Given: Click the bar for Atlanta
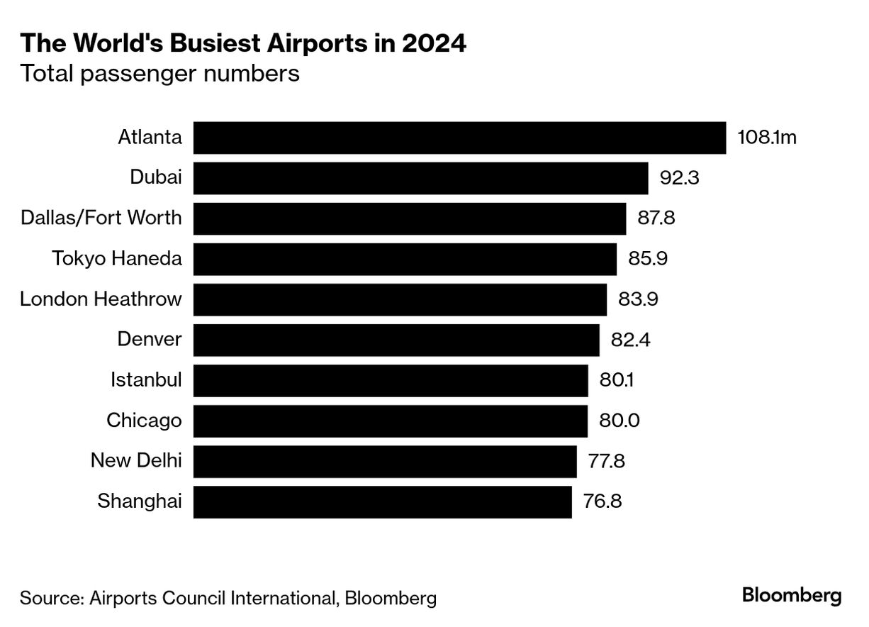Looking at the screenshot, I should [x=459, y=138].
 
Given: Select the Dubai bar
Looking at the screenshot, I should [x=420, y=178].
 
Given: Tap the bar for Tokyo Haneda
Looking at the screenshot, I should [x=405, y=259].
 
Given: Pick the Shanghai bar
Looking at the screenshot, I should [x=382, y=501].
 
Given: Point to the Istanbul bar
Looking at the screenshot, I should [x=391, y=380].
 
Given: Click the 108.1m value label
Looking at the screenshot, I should [x=767, y=138].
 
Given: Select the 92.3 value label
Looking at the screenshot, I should [x=679, y=178].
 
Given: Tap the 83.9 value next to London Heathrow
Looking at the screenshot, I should [x=638, y=299].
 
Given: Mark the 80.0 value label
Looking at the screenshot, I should [x=619, y=421].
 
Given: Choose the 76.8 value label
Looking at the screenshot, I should [x=603, y=501].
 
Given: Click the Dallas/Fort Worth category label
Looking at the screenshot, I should [x=101, y=218].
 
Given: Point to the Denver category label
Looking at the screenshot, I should [x=150, y=340].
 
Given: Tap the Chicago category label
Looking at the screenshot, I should [x=144, y=421].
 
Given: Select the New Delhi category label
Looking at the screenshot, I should [x=136, y=461].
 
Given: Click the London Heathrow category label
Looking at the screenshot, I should [x=101, y=299].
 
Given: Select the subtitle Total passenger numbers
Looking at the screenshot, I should [x=159, y=73].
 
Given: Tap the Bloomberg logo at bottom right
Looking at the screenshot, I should [x=792, y=596].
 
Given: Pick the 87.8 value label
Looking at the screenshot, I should [x=656, y=218].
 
